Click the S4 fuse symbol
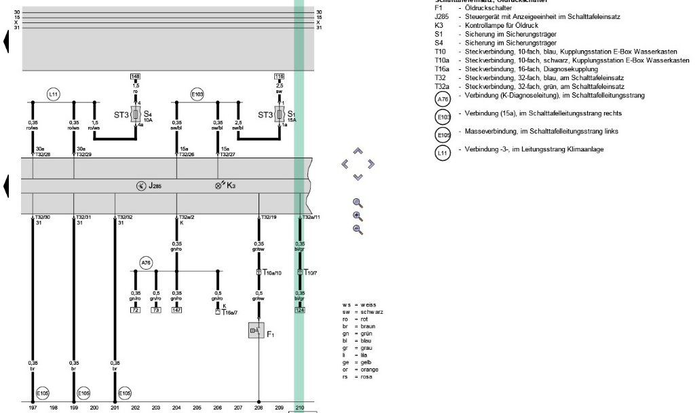(x=136, y=114)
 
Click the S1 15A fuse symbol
(x=279, y=114)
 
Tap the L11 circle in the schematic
(x=54, y=94)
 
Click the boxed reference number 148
(x=136, y=76)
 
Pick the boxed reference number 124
(x=299, y=310)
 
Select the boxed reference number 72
(x=135, y=310)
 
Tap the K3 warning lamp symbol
(x=219, y=185)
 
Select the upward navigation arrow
(x=358, y=151)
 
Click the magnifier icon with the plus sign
(x=358, y=216)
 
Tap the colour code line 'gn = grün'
(x=359, y=333)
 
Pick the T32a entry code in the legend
(x=440, y=86)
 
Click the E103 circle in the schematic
(x=197, y=94)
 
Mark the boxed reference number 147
(x=176, y=310)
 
